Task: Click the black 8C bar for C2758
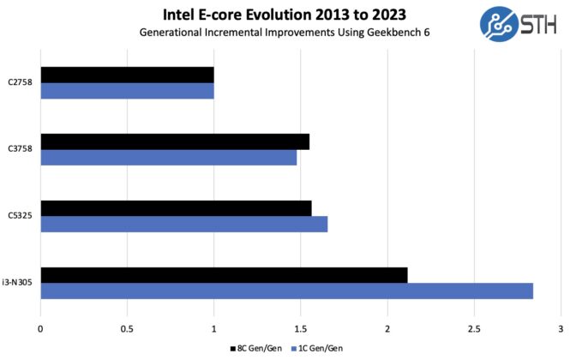(127, 75)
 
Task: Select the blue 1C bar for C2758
(127, 91)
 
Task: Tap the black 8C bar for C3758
(175, 141)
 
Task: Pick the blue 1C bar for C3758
(168, 158)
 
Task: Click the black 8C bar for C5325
(176, 208)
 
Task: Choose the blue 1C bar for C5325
(183, 224)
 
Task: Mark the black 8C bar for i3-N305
(224, 275)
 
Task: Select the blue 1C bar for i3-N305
(286, 291)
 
